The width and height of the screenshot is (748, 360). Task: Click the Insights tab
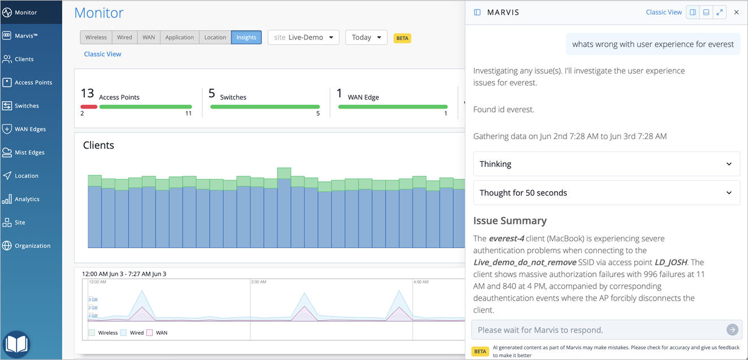(246, 37)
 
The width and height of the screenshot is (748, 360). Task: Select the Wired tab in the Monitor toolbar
(124, 37)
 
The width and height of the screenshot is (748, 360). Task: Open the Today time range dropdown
(366, 37)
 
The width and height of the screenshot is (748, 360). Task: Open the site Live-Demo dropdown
(303, 37)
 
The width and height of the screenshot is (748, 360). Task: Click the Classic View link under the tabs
(102, 54)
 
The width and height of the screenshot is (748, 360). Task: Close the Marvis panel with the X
(736, 12)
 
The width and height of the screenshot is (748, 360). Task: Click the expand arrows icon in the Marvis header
(720, 12)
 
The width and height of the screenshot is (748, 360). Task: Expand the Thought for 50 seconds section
(607, 193)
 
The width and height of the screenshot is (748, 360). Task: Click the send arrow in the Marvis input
(732, 329)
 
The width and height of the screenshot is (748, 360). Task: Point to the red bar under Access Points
(89, 107)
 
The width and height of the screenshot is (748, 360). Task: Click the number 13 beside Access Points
(88, 93)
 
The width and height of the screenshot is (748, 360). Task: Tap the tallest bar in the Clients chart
(284, 207)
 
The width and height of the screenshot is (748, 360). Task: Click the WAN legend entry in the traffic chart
(157, 333)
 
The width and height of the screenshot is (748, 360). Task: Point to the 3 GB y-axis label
(93, 300)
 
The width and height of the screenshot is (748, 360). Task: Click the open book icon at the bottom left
(16, 344)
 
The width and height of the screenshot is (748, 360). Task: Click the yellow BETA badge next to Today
(403, 38)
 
